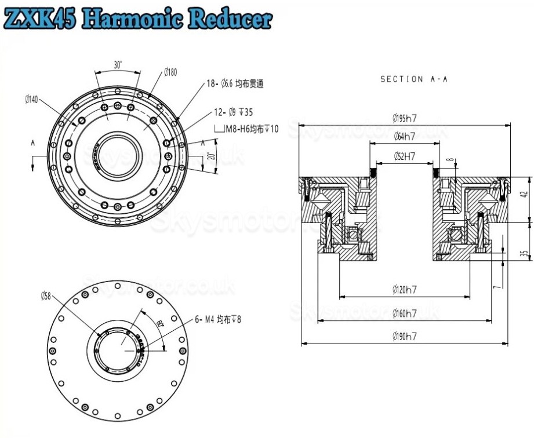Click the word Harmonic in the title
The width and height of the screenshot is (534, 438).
click(x=135, y=19)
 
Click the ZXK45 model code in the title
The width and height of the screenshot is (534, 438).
click(x=40, y=19)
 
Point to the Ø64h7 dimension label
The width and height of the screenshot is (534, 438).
click(x=404, y=137)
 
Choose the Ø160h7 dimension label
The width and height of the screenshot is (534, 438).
click(x=404, y=313)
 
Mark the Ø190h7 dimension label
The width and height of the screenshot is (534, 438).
click(x=404, y=336)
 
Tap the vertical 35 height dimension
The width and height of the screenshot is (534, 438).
click(x=524, y=253)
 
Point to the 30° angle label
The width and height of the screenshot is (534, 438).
click(x=118, y=65)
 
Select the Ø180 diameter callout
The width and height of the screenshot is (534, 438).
click(x=170, y=71)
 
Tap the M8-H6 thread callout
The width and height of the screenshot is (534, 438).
click(x=246, y=129)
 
